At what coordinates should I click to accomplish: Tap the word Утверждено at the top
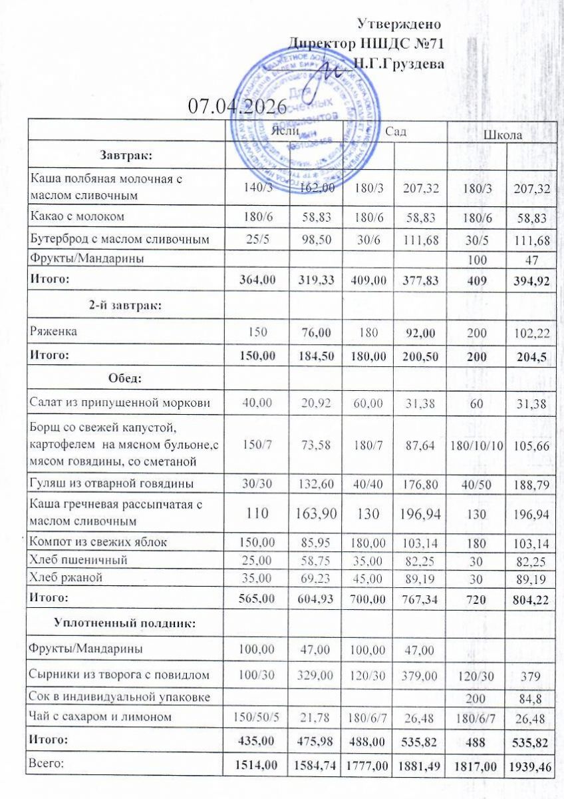[x=400, y=25]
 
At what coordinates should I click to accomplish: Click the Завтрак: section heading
[x=126, y=156]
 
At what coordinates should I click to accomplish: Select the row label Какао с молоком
[x=77, y=216]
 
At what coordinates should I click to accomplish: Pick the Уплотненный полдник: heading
[x=126, y=623]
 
